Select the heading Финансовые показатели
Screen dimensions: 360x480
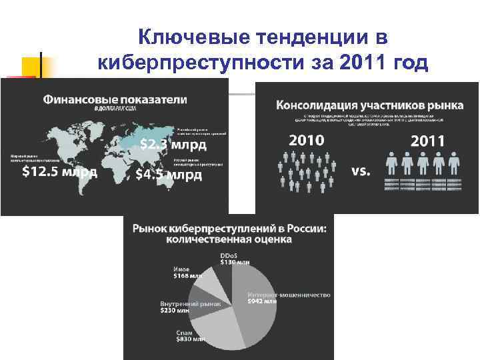click(x=115, y=100)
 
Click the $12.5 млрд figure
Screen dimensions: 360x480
click(x=60, y=172)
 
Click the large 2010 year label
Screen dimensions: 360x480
click(x=307, y=141)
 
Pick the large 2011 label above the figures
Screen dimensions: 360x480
click(x=428, y=141)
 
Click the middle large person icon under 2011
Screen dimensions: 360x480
click(x=423, y=163)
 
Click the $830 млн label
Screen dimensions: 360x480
click(x=189, y=339)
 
